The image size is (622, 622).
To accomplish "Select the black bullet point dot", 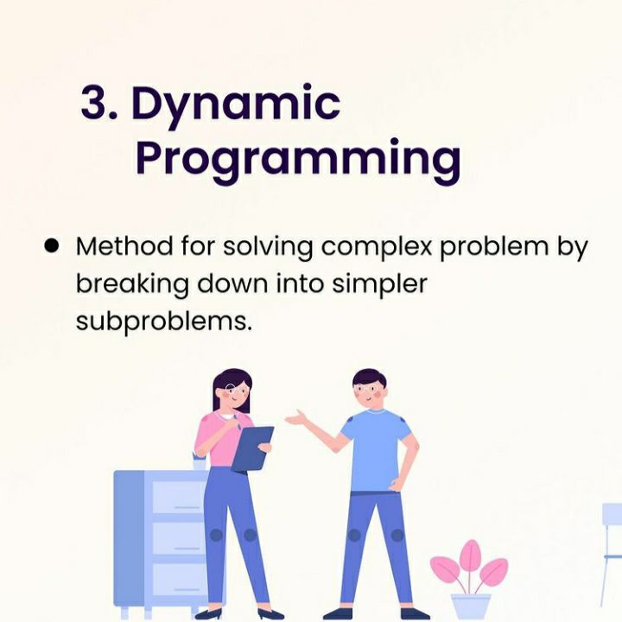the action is (52, 246).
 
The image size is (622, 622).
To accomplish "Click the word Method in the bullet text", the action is (124, 246).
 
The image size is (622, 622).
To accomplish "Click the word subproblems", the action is (164, 321).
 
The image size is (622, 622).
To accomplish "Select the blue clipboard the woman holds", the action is (252, 448).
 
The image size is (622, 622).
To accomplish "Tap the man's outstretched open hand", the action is (297, 418).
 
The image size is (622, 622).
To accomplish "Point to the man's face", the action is (369, 391).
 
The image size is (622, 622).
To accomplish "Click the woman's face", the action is (233, 395).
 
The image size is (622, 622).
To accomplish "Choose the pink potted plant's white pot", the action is (471, 606).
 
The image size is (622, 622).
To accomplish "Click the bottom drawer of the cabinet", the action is (178, 580).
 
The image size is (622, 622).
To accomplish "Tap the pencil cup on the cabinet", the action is (200, 462).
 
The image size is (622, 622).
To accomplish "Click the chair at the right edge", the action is (611, 555).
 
